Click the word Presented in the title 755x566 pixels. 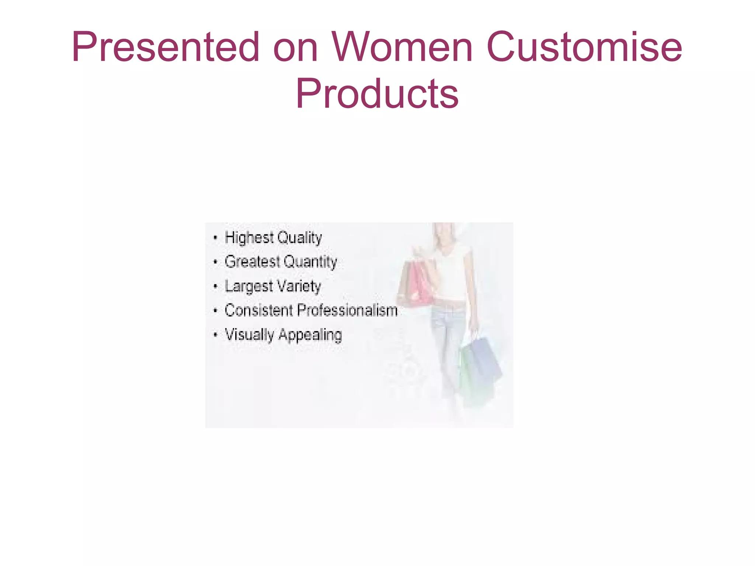[x=166, y=47]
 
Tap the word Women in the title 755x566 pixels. [x=402, y=47]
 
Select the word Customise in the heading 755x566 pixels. [x=584, y=47]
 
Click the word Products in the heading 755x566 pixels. [x=377, y=94]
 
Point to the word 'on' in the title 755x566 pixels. [x=295, y=50]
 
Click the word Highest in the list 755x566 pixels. [x=249, y=237]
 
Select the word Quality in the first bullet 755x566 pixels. [x=299, y=238]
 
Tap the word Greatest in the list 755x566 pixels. [x=253, y=262]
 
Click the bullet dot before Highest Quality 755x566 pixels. [x=215, y=238]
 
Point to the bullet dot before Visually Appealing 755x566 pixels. [x=215, y=335]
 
